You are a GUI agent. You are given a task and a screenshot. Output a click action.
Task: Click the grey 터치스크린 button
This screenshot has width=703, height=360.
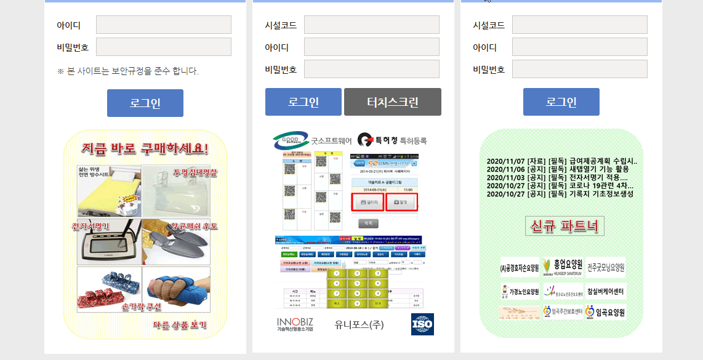pos(392,102)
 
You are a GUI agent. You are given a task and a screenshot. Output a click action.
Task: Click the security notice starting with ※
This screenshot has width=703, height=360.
pos(128,71)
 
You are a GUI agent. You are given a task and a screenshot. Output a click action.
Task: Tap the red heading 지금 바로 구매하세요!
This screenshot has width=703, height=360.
pos(145,148)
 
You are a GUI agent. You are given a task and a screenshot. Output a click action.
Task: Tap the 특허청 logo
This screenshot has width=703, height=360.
pos(392,141)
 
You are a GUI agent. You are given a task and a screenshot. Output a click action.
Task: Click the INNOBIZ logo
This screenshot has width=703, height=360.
pos(295,324)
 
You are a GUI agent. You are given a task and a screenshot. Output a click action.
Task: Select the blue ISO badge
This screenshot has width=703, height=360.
pos(422,324)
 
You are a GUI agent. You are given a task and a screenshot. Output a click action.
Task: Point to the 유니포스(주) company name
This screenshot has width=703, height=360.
pos(359,324)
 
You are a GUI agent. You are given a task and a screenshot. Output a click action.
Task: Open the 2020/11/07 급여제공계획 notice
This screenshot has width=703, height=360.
pos(561,162)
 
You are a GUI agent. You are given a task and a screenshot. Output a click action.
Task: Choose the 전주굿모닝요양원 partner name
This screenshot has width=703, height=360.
pos(606,268)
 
